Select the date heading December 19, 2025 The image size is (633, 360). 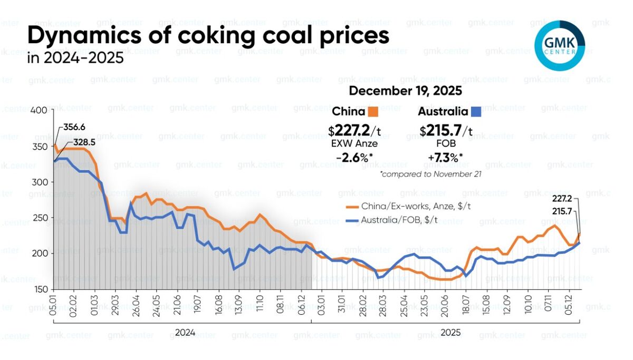click(405, 91)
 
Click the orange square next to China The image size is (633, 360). click(373, 112)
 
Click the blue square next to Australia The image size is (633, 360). click(476, 112)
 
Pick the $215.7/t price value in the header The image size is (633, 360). click(446, 130)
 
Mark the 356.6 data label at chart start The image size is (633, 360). click(74, 128)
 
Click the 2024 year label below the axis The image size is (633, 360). click(184, 333)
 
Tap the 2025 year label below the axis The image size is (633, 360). click(450, 333)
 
